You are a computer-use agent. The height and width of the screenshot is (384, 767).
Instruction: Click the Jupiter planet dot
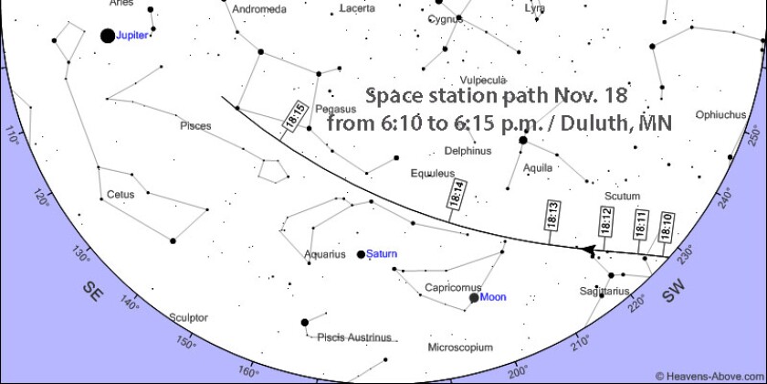click(x=108, y=36)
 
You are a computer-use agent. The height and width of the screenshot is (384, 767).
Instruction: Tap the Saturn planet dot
click(x=362, y=254)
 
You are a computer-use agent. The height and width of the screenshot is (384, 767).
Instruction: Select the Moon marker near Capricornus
click(x=474, y=297)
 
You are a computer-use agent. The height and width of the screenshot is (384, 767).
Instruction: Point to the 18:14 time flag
click(x=457, y=196)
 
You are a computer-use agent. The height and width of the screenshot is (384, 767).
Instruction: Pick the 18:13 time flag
click(x=552, y=215)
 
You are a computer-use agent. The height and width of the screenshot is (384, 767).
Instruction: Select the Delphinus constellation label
click(x=468, y=151)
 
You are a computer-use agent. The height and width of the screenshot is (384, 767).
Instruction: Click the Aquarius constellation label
click(x=325, y=255)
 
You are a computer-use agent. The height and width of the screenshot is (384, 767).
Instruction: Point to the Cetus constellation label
click(x=120, y=195)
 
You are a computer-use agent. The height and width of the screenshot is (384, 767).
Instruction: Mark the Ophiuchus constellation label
click(x=720, y=115)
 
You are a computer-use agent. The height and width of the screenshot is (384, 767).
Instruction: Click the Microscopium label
click(x=460, y=348)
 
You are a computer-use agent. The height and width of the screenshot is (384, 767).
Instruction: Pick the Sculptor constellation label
click(x=188, y=318)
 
